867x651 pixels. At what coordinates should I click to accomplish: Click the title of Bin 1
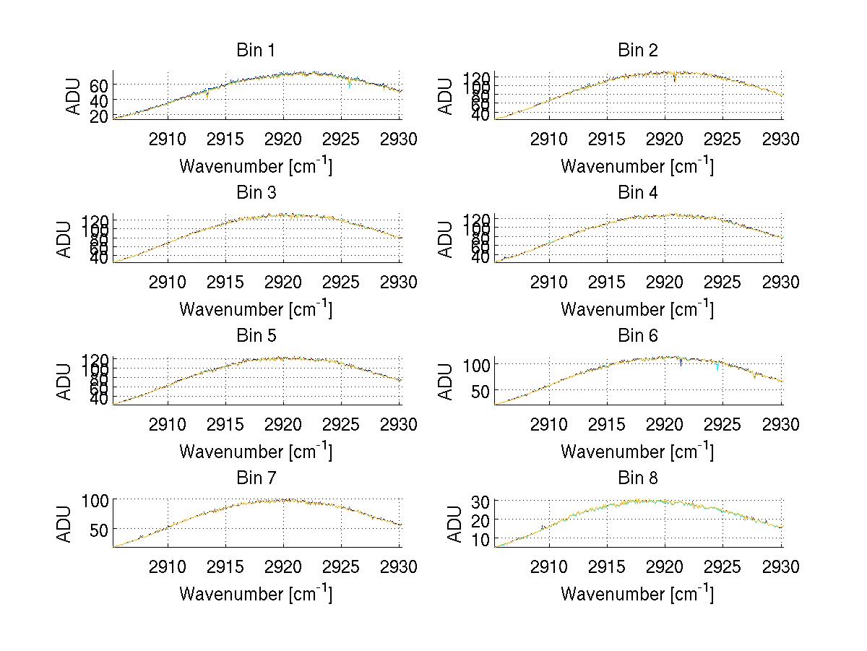[x=256, y=51]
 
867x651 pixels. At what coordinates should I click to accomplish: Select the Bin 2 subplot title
[x=637, y=51]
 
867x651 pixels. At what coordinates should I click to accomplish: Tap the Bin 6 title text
[x=637, y=336]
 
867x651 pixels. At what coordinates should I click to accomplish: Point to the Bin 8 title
[x=637, y=478]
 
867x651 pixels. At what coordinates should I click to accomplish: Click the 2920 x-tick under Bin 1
[x=283, y=139]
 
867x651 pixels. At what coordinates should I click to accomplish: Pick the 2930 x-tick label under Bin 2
[x=780, y=139]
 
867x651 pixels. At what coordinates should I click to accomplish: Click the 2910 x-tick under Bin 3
[x=168, y=282]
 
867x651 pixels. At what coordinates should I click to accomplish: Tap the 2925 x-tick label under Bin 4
[x=722, y=282]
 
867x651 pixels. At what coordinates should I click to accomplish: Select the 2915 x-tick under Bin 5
[x=225, y=425]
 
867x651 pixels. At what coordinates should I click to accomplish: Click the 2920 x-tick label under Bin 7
[x=283, y=567]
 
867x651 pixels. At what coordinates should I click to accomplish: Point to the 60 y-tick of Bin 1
[x=100, y=85]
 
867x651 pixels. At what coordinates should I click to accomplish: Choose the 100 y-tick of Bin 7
[x=96, y=500]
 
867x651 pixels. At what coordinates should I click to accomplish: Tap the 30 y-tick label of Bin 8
[x=480, y=501]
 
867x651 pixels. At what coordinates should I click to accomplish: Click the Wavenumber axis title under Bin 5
[x=256, y=452]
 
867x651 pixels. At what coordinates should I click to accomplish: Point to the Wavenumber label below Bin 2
[x=637, y=166]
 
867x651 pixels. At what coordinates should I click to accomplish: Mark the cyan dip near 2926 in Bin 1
[x=350, y=85]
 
